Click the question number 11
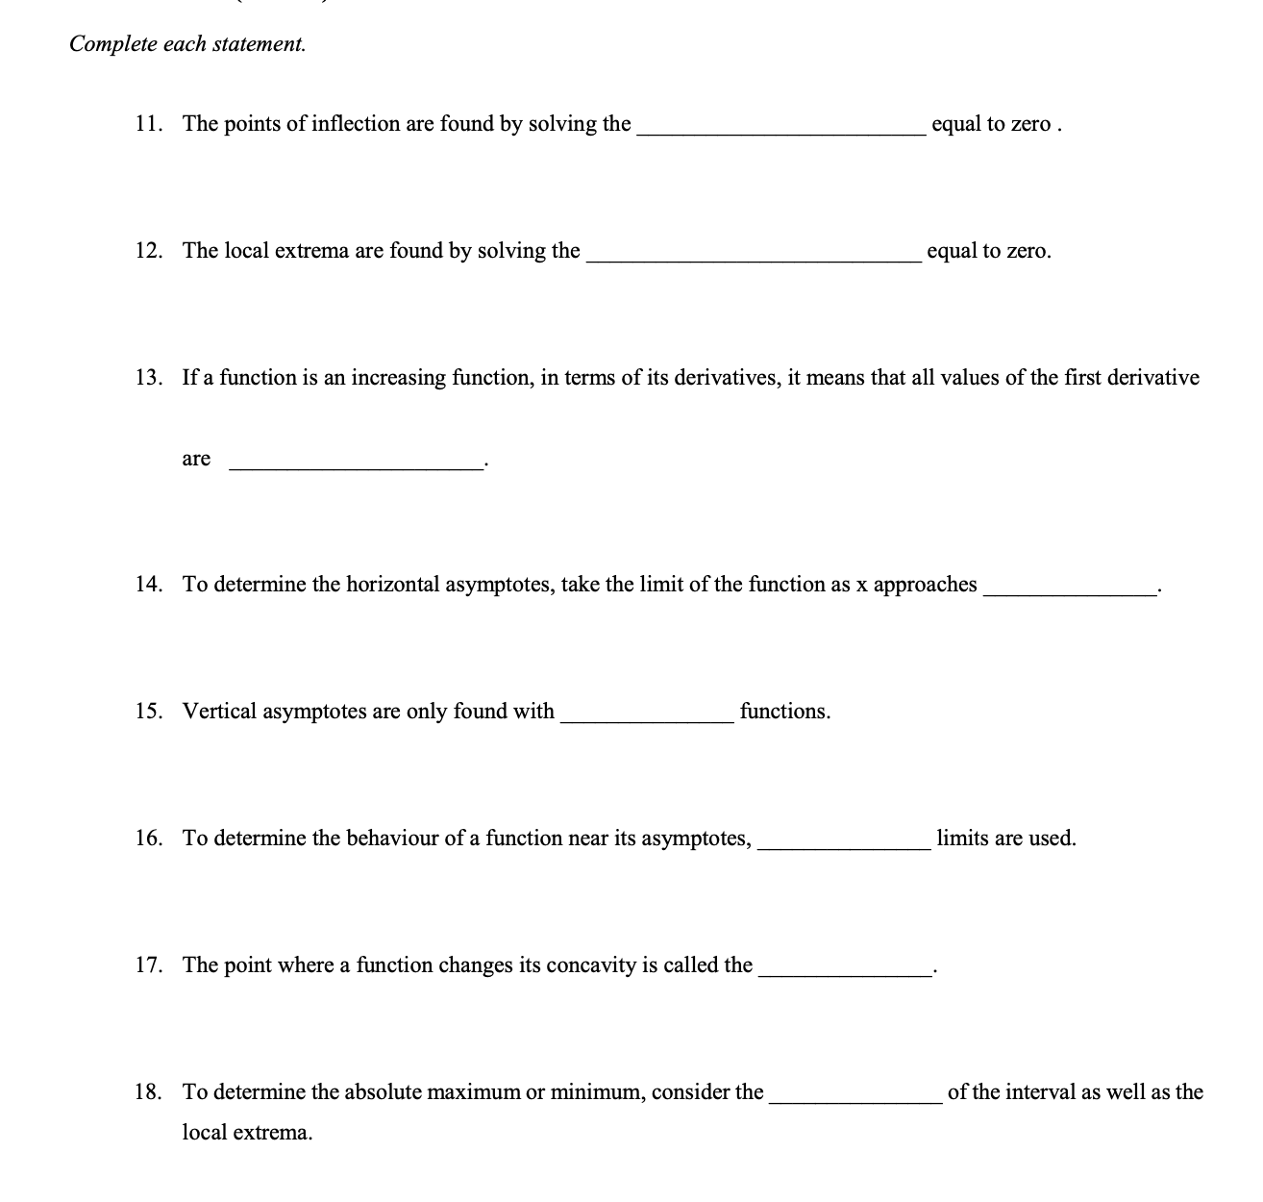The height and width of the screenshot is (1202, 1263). click(148, 124)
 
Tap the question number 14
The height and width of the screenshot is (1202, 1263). click(148, 585)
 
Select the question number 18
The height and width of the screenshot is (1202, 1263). click(148, 1092)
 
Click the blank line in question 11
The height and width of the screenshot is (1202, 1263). click(780, 135)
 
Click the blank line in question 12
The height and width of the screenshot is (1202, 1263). click(754, 262)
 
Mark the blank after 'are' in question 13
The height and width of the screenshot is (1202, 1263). click(356, 467)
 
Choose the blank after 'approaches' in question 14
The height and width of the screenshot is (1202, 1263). click(1069, 595)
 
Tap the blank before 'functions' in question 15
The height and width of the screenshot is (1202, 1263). click(647, 721)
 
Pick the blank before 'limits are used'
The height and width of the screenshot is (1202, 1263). click(844, 848)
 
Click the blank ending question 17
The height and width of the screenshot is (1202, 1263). click(844, 975)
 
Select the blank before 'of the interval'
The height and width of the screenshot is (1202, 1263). click(855, 1102)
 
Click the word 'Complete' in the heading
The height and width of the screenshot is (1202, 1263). click(111, 44)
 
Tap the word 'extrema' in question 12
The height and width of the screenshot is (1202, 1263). click(311, 251)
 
